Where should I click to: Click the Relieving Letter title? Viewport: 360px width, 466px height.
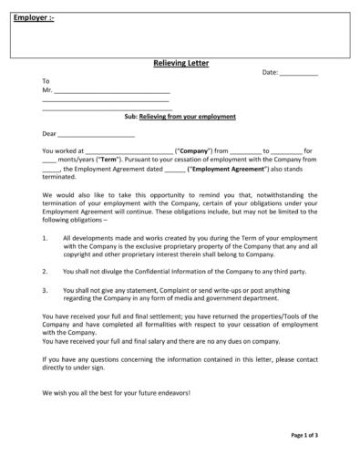pos(180,64)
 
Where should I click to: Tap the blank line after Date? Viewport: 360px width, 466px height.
pos(298,72)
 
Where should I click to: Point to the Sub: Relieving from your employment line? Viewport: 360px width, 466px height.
pos(180,117)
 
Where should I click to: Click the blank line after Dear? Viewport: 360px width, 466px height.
pos(96,134)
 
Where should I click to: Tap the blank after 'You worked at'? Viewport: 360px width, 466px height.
pos(128,150)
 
